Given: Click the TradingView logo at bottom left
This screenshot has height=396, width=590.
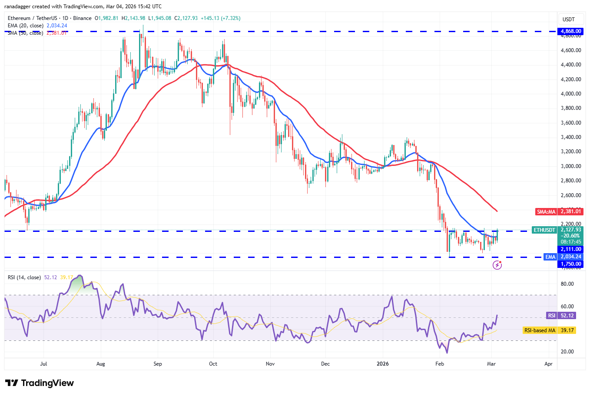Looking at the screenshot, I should click(x=39, y=383).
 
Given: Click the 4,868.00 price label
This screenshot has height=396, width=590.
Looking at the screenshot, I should click(x=570, y=31).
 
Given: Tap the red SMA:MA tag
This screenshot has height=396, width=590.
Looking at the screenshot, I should click(x=546, y=212).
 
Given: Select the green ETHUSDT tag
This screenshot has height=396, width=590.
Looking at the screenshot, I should click(x=544, y=230).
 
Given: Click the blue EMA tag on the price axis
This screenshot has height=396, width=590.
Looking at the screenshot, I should click(x=550, y=257).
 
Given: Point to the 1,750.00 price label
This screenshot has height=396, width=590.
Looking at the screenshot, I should click(x=570, y=264).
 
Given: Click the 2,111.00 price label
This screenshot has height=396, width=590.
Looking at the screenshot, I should click(x=570, y=249).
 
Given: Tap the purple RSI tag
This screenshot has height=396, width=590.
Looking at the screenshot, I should click(x=551, y=316).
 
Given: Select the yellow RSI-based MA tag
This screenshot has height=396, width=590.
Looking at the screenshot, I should click(x=540, y=330).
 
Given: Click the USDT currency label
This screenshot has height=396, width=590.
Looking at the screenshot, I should click(x=569, y=20).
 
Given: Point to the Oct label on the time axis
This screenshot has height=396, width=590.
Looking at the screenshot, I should click(x=213, y=364).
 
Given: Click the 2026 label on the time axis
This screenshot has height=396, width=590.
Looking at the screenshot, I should click(x=382, y=364).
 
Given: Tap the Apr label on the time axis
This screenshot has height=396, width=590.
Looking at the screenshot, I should click(x=548, y=364).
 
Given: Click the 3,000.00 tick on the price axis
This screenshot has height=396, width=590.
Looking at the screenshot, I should click(x=570, y=166).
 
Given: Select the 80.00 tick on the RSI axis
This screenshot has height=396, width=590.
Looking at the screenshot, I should click(x=567, y=284).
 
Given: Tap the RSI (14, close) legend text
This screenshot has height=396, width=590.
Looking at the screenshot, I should click(x=24, y=277).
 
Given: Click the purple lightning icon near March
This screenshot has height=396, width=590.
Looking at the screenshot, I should click(x=497, y=265).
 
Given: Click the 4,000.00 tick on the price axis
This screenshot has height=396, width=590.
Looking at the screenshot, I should click(x=570, y=94).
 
